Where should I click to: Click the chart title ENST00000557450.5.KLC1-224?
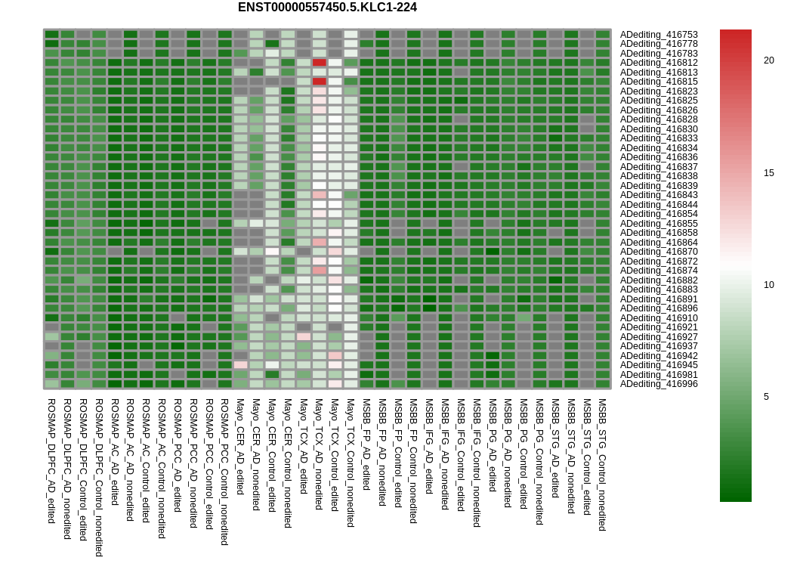point(327,7)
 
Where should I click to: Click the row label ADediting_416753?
point(659,35)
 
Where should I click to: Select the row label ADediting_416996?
point(659,384)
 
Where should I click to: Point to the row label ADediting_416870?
point(659,252)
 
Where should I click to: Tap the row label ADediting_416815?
point(659,82)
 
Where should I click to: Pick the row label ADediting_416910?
point(659,318)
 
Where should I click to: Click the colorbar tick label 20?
point(768,60)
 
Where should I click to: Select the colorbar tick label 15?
point(768,173)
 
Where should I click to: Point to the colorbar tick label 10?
point(768,285)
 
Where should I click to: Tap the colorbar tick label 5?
point(766,397)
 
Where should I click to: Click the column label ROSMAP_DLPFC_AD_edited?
point(51,461)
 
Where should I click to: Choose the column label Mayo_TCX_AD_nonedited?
point(319,454)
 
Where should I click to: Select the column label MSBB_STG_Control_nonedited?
point(603,465)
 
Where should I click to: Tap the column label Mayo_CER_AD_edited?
point(240,447)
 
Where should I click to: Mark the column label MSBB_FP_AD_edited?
point(366,444)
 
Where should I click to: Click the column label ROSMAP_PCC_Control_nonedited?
point(224,472)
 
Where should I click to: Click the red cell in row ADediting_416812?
point(320,63)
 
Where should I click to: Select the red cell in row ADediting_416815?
point(320,82)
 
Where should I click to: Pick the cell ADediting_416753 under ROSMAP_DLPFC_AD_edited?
point(51,35)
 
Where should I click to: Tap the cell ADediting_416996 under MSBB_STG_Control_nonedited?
point(603,384)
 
